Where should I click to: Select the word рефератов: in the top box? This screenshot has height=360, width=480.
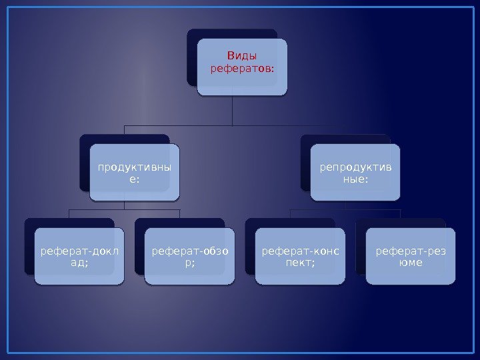(x=243, y=68)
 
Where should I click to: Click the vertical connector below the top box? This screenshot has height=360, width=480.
(x=232, y=110)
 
